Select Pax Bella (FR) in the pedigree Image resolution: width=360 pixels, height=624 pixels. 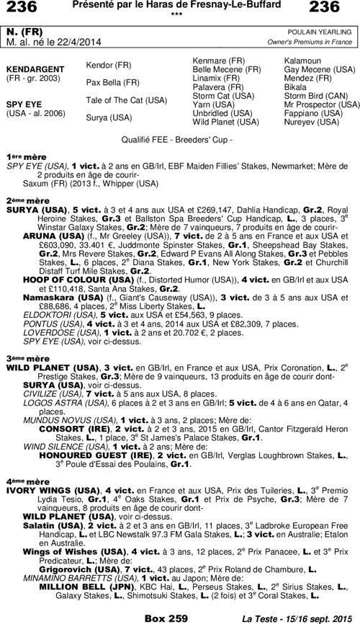(112, 82)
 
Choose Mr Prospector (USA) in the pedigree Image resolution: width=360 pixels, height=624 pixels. (322, 104)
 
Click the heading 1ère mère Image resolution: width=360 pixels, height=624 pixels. (22, 156)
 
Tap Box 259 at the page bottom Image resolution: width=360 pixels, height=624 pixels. (166, 618)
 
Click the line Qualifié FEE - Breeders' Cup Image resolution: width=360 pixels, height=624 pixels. (180, 136)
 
